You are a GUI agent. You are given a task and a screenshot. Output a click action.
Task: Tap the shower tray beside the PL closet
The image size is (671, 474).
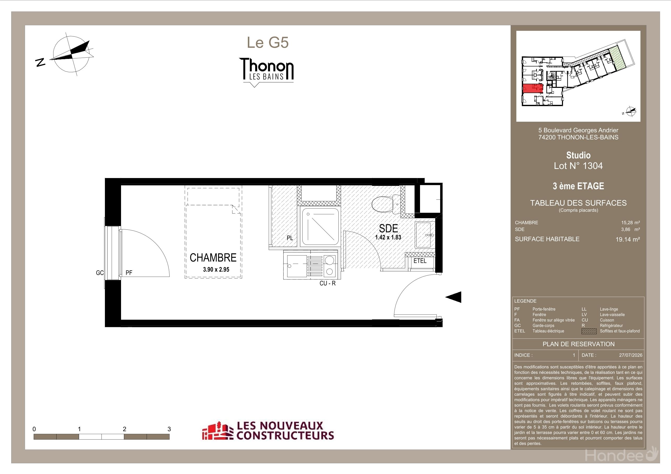(320, 227)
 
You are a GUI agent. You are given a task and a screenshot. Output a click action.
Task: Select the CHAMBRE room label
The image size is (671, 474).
(213, 258)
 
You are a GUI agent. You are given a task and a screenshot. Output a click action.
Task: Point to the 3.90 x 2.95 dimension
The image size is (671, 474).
(216, 270)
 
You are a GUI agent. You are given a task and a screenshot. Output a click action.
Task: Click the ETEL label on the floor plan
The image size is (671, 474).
(420, 261)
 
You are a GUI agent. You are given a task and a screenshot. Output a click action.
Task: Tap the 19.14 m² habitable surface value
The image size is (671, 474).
(627, 240)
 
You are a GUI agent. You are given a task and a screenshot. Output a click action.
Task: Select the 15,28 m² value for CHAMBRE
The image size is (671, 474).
(630, 223)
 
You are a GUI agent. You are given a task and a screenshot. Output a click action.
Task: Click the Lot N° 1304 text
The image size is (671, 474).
(578, 166)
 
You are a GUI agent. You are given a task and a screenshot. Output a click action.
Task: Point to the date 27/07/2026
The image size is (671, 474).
(630, 355)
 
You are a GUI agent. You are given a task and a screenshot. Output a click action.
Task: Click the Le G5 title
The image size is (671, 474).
(268, 43)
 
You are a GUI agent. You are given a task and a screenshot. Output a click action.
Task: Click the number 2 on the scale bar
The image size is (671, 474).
(124, 429)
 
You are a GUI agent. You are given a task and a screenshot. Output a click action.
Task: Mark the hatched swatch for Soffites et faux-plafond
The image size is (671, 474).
(589, 331)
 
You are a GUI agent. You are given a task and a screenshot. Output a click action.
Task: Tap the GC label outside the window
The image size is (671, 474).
(100, 273)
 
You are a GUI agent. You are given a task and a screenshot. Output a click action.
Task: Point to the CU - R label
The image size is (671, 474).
(327, 283)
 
